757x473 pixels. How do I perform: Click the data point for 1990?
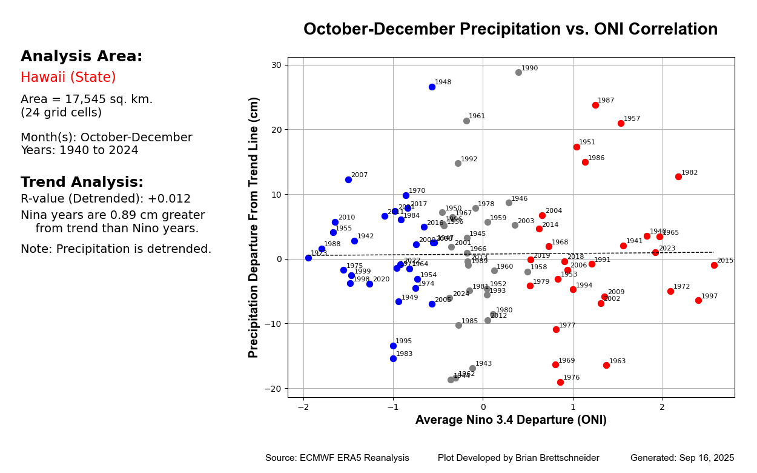tap(518, 72)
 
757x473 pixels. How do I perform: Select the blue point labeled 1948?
tap(432, 87)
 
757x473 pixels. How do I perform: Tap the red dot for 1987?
tap(595, 105)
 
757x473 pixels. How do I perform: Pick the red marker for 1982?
tap(678, 176)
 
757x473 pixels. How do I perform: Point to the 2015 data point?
tap(714, 265)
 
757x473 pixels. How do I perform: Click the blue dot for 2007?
tap(348, 179)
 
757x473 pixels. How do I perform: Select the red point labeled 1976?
tap(560, 382)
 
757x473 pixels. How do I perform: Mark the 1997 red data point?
tap(698, 300)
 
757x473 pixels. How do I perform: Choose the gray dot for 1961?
tap(466, 121)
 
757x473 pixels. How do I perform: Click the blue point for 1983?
tap(393, 358)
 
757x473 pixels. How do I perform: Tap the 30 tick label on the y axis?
tap(276, 65)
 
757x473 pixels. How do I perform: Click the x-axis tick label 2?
tap(662, 406)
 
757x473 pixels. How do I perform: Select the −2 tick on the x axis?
tap(303, 406)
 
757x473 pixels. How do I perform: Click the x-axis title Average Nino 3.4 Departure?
tap(511, 420)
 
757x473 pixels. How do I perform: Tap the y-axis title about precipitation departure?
tap(254, 227)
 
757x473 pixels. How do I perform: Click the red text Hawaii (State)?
tap(68, 78)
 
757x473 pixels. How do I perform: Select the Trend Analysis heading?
tap(82, 183)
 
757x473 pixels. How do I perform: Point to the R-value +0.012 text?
tap(105, 199)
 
